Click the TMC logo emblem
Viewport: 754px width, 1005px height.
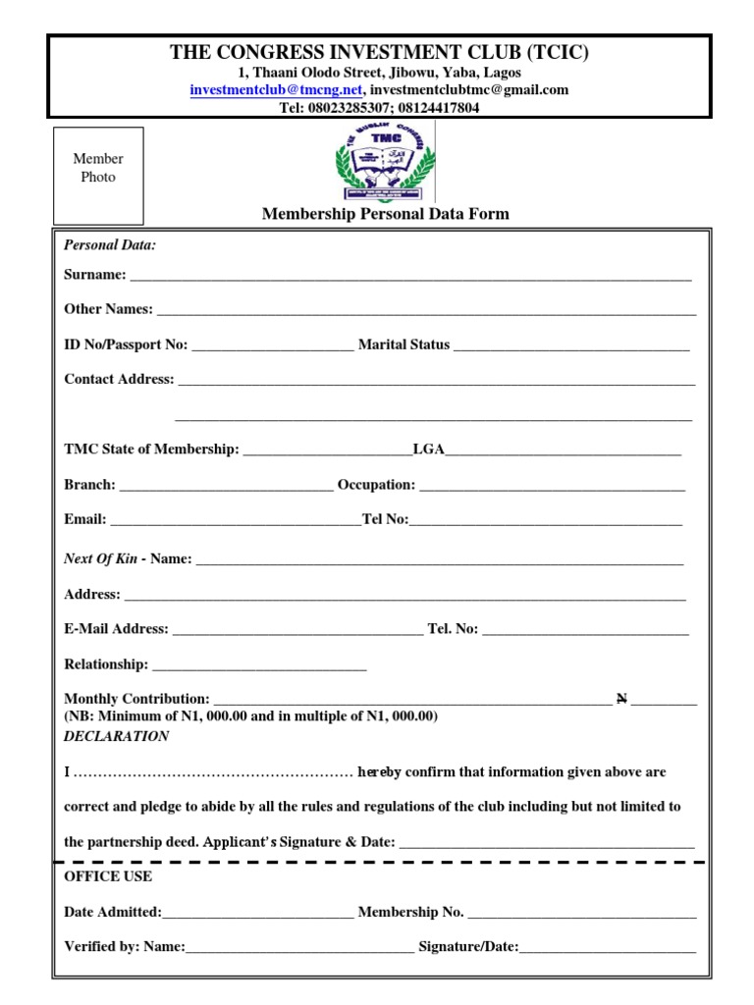384,161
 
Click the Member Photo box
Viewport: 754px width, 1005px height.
98,175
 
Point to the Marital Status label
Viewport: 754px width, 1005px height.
404,344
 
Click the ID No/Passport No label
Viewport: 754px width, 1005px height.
125,344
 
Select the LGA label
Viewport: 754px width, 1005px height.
429,450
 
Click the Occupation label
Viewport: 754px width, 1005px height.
376,485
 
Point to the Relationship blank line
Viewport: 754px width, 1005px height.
259,667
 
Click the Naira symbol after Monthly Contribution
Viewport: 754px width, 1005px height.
621,699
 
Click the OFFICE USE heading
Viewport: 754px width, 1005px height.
108,875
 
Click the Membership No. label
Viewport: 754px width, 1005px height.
410,912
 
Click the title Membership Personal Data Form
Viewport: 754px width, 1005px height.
385,214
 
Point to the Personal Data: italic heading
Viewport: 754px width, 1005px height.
109,244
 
